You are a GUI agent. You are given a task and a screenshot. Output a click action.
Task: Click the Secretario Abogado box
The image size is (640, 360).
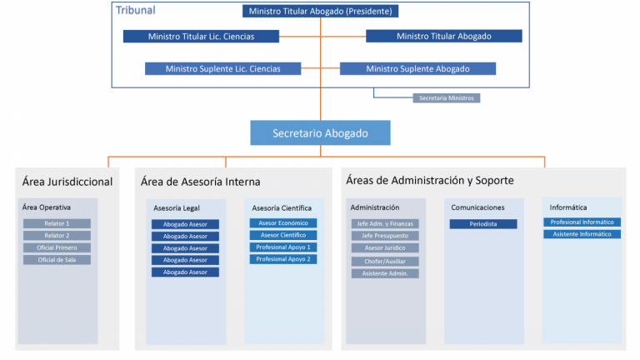[x=320, y=132]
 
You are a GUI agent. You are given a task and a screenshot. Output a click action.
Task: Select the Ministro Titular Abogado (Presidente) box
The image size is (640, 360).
[x=320, y=12]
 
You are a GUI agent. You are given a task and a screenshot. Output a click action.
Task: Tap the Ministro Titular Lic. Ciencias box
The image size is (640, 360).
[x=201, y=37]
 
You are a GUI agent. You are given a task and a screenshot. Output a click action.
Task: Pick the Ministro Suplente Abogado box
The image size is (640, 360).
[x=417, y=68]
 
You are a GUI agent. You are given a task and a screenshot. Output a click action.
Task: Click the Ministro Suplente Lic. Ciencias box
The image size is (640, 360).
[x=222, y=68]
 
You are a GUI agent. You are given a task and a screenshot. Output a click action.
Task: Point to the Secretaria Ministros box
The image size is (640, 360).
[x=447, y=97]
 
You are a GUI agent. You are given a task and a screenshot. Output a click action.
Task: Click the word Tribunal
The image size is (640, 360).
[x=136, y=11]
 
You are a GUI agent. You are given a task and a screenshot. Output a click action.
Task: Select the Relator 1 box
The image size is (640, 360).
[x=57, y=223]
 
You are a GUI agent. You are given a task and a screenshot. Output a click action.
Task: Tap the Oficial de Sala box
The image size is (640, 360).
[x=57, y=260]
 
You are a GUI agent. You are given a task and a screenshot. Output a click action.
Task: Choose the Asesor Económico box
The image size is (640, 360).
[x=283, y=223]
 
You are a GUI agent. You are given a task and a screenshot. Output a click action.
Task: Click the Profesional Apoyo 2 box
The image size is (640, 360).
[x=283, y=259]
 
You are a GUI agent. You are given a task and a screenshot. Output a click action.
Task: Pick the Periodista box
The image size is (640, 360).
[x=483, y=224]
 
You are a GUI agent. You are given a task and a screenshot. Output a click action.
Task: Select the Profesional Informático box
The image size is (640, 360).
[x=582, y=222]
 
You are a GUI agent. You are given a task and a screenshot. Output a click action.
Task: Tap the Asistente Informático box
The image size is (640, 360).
[x=582, y=234]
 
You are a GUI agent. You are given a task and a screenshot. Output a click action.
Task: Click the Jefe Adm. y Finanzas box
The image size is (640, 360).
[x=385, y=223]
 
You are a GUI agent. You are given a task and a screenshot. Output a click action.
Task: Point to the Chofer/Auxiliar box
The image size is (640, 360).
[x=385, y=261]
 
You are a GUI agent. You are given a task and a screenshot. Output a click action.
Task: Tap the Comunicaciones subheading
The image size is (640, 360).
[x=477, y=207]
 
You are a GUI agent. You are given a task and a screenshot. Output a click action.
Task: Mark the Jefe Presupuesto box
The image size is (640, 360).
[x=385, y=236]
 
